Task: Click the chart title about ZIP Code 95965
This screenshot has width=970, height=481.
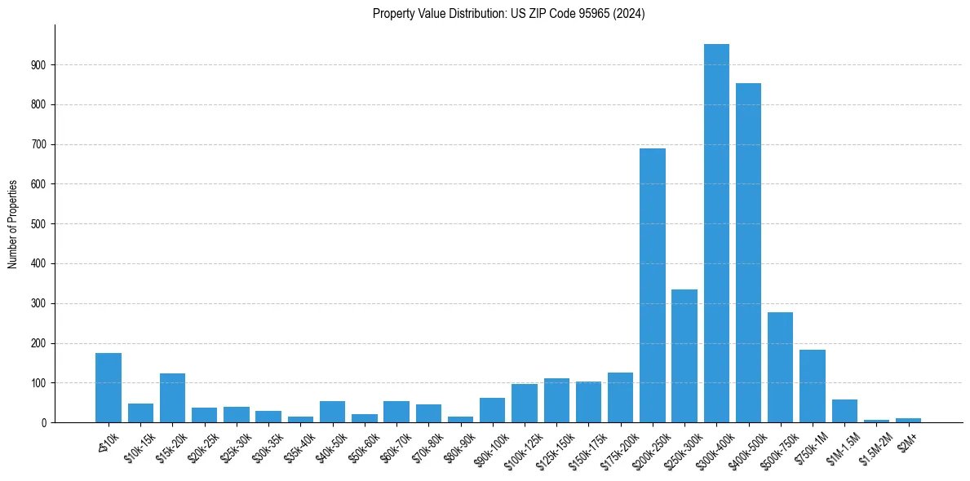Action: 508,14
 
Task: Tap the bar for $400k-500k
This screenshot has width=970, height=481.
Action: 748,253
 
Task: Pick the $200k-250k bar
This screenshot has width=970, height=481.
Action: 653,285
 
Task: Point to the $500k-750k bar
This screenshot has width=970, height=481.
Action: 780,367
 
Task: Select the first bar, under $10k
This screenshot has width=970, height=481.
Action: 109,387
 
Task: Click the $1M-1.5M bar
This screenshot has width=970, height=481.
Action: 844,411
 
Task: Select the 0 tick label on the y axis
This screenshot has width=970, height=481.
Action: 45,422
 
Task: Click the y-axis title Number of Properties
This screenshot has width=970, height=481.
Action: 13,223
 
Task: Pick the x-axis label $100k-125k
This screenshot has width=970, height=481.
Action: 520,444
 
